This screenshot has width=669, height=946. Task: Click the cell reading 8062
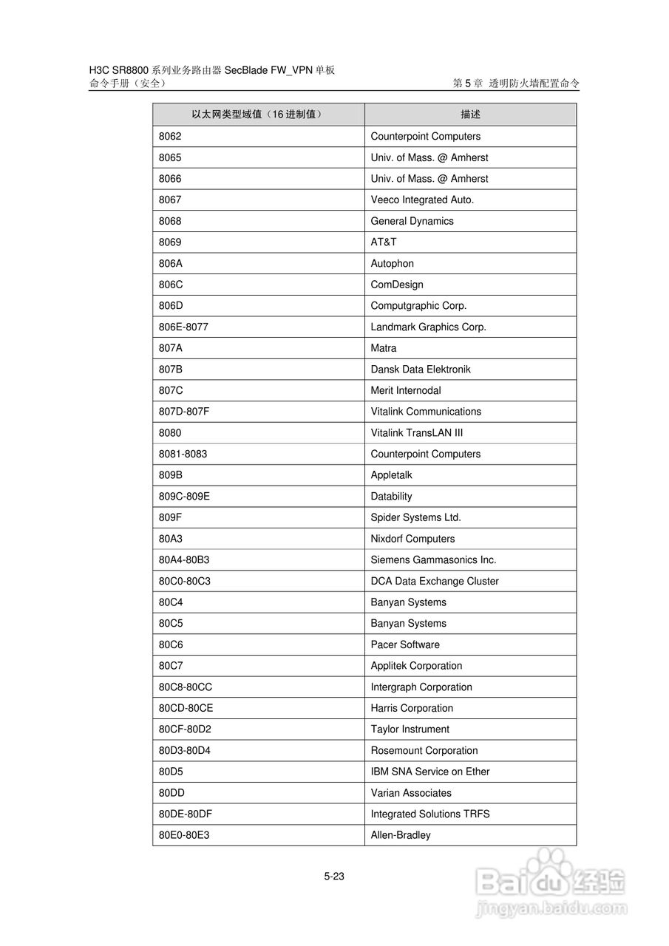click(x=170, y=136)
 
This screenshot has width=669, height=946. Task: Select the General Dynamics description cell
click(x=412, y=221)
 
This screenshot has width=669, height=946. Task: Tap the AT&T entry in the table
click(x=384, y=242)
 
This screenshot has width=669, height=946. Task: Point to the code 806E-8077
click(x=183, y=327)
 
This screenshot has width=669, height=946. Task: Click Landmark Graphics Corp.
click(x=428, y=327)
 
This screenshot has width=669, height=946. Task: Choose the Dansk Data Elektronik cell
click(x=420, y=369)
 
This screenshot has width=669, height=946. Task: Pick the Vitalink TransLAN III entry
click(x=417, y=432)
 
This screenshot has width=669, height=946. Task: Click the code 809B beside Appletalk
click(x=171, y=475)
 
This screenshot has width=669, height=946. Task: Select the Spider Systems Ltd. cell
click(x=415, y=517)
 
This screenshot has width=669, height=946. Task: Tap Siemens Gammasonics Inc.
click(x=433, y=559)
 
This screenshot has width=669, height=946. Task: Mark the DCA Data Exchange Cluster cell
click(x=435, y=581)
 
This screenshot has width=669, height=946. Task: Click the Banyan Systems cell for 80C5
click(x=408, y=623)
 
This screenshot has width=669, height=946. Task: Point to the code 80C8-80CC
click(x=186, y=687)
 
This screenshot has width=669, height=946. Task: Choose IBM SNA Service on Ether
click(x=430, y=772)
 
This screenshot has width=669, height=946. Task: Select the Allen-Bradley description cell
click(x=401, y=835)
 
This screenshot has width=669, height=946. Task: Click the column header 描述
click(x=470, y=115)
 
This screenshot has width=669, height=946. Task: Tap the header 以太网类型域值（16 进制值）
click(x=257, y=115)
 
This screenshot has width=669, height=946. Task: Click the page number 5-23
click(x=334, y=877)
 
